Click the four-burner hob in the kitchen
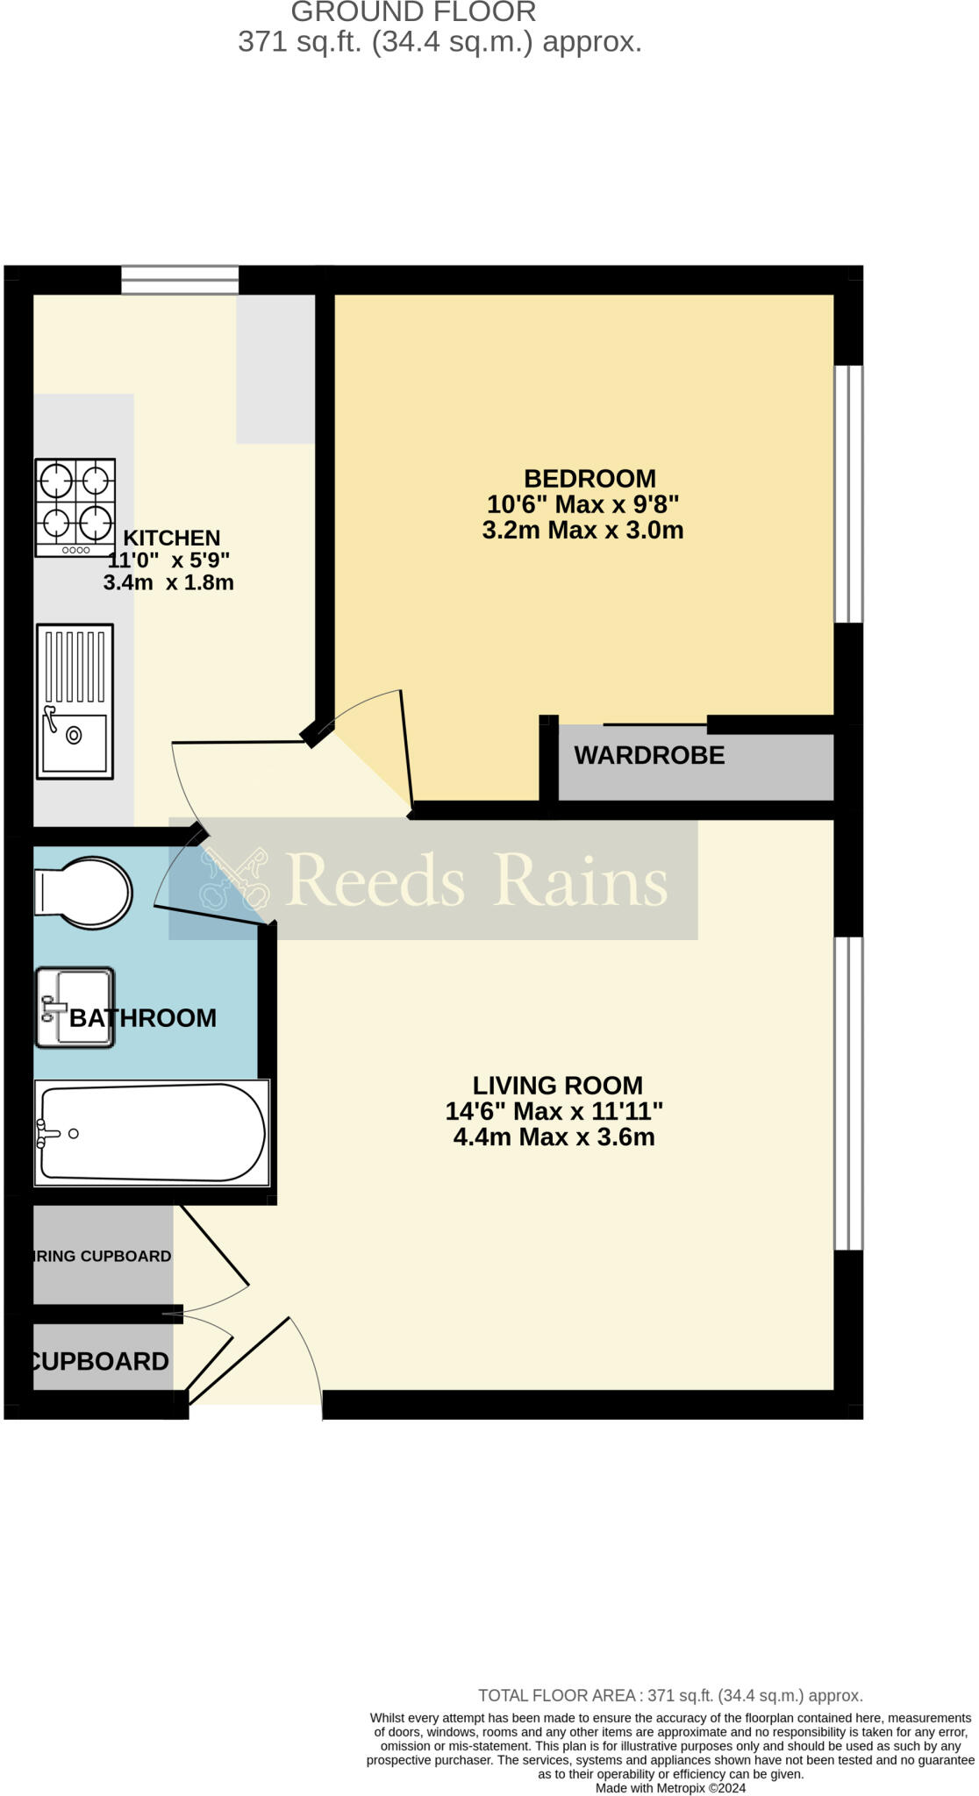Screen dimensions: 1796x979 point(75,507)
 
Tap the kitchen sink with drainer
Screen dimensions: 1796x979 point(75,702)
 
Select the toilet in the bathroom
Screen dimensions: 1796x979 point(83,893)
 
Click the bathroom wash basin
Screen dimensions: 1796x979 point(75,1007)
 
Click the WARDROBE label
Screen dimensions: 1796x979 point(649,755)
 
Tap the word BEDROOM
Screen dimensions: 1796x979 point(590,479)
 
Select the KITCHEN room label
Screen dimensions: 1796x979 point(171,538)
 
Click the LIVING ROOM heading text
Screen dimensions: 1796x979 point(557,1086)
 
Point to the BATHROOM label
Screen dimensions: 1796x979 point(143,1018)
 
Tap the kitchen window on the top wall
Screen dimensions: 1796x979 point(180,280)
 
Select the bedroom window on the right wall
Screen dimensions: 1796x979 point(848,494)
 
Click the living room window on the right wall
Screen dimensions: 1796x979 point(848,1093)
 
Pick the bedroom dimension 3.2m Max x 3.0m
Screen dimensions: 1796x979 point(582,531)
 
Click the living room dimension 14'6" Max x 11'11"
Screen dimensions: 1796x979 point(554,1112)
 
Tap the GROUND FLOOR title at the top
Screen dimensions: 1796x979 point(413,12)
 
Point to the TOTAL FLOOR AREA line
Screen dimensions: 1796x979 point(670,1696)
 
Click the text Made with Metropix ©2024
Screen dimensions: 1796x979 point(670,1788)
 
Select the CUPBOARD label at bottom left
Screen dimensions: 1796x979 point(99,1361)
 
